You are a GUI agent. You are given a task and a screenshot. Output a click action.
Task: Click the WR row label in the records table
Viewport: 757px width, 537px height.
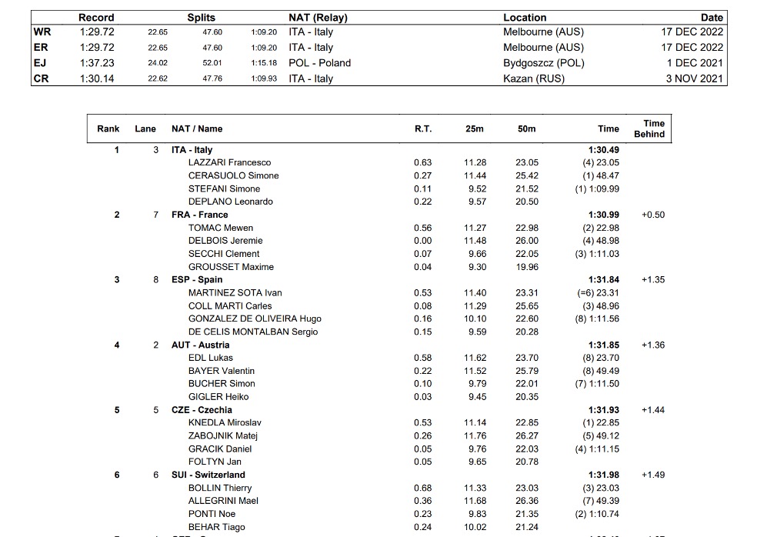click(42, 32)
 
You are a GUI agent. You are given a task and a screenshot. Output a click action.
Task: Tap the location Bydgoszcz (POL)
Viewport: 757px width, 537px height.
click(543, 63)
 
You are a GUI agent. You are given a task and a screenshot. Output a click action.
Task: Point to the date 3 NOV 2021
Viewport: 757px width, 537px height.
click(695, 78)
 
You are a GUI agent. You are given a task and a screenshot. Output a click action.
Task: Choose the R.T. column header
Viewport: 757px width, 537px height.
click(423, 129)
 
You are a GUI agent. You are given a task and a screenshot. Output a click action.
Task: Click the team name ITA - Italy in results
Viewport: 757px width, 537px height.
click(192, 150)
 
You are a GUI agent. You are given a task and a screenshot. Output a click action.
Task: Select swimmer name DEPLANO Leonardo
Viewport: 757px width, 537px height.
click(230, 202)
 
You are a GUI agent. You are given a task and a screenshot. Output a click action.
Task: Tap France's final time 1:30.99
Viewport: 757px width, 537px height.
click(603, 215)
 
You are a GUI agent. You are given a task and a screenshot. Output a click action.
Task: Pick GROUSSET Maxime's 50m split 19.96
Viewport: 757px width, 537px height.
click(527, 267)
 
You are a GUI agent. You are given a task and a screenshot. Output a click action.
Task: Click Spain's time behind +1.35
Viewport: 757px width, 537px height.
click(652, 280)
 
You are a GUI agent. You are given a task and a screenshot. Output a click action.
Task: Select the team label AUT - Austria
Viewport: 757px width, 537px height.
click(200, 345)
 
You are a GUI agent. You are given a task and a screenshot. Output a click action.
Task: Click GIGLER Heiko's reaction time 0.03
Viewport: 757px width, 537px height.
click(422, 397)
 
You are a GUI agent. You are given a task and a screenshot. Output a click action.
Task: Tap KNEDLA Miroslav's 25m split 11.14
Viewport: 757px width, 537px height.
click(475, 423)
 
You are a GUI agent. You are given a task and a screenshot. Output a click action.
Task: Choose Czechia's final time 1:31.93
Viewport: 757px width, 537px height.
click(603, 410)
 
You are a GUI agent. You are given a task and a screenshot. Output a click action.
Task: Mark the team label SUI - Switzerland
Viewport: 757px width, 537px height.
click(208, 475)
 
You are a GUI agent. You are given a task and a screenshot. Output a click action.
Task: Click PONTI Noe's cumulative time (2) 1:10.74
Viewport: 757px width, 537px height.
click(597, 514)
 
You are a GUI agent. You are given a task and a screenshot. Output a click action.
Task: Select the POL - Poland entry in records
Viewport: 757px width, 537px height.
click(319, 63)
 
